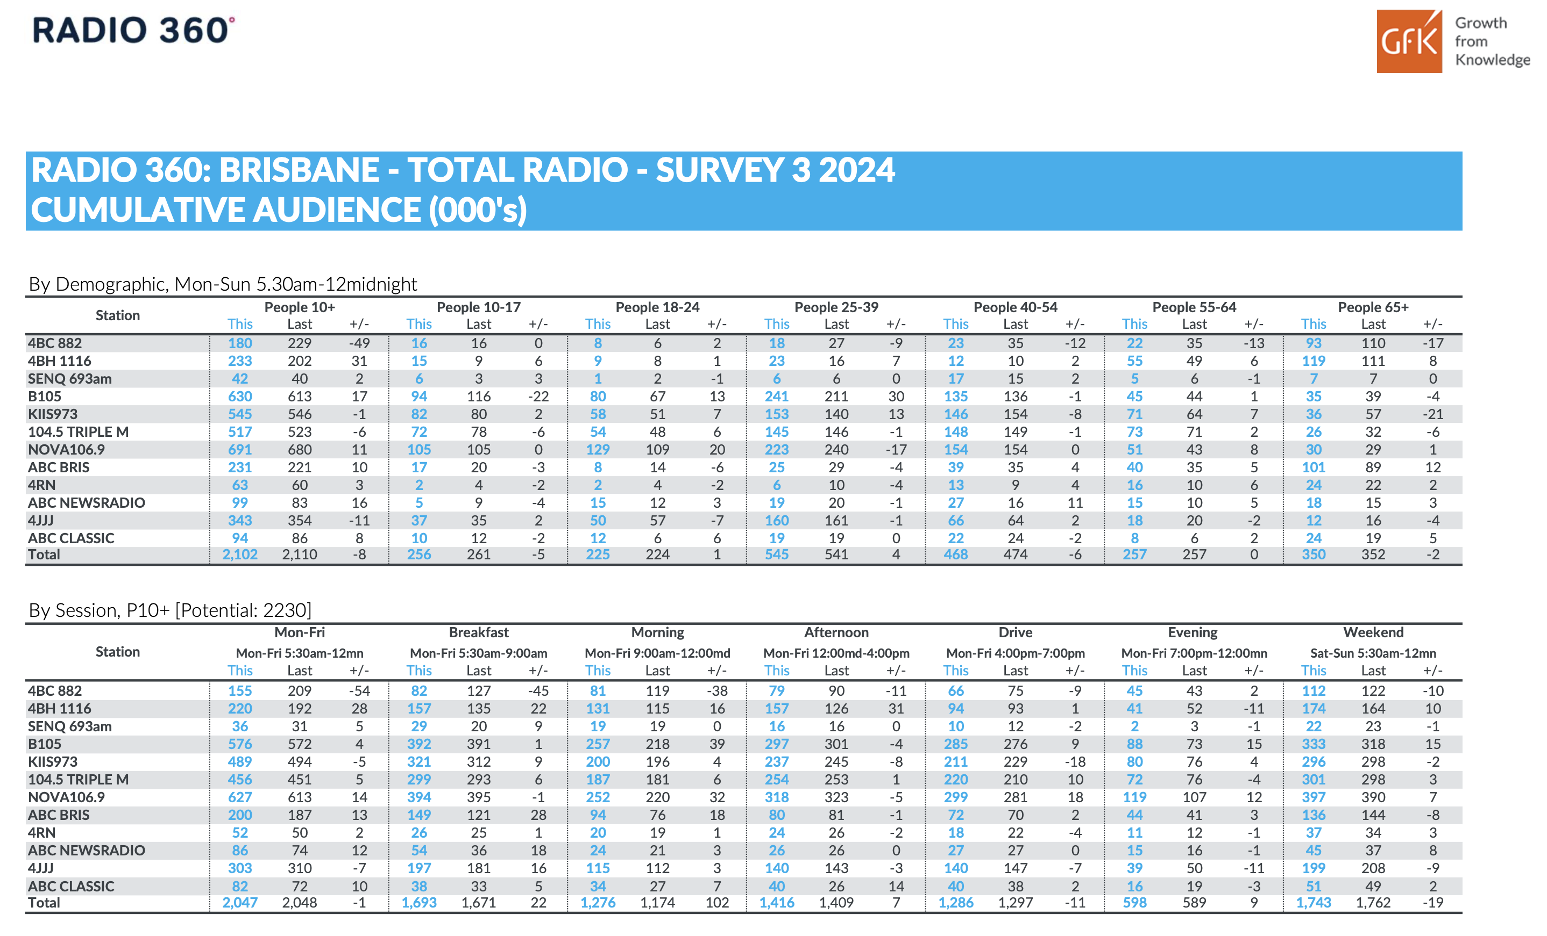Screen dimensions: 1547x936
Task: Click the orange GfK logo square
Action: pyautogui.click(x=1409, y=41)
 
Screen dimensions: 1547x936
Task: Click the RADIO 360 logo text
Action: pyautogui.click(x=133, y=30)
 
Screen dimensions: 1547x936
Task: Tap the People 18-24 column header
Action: pyautogui.click(x=657, y=307)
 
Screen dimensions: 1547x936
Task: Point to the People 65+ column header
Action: pyautogui.click(x=1373, y=307)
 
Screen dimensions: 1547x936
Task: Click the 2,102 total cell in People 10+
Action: pyautogui.click(x=240, y=555)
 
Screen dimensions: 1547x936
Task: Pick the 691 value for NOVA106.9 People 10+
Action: pyautogui.click(x=240, y=449)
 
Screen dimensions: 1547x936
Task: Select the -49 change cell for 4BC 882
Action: pyautogui.click(x=359, y=343)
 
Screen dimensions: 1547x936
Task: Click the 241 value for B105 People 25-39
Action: pyautogui.click(x=777, y=397)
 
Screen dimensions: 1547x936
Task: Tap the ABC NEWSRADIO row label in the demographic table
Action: pyautogui.click(x=87, y=502)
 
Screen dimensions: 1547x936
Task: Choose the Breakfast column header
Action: pyautogui.click(x=478, y=632)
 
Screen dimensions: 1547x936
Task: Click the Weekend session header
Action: pyautogui.click(x=1373, y=632)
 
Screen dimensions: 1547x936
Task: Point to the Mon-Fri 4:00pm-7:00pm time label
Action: pyautogui.click(x=1015, y=653)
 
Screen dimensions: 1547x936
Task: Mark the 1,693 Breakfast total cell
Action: pyautogui.click(x=419, y=903)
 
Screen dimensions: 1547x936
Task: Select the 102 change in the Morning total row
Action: pyautogui.click(x=717, y=903)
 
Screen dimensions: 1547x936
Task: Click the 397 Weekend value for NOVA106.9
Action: pyautogui.click(x=1314, y=797)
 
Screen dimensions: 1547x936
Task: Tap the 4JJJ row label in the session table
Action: pyautogui.click(x=41, y=868)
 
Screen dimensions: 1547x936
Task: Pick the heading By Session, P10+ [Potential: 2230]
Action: pyautogui.click(x=170, y=610)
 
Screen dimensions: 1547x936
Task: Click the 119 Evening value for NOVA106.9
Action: pyautogui.click(x=1134, y=797)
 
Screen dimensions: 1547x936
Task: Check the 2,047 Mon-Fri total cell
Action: pyautogui.click(x=240, y=903)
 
